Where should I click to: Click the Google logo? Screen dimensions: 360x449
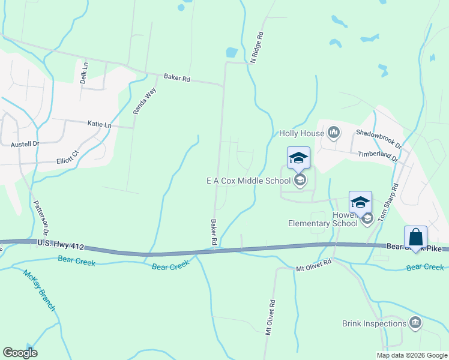[20, 353]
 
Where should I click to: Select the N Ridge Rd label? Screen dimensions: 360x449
[258, 47]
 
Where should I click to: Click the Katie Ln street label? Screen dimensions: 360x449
[100, 125]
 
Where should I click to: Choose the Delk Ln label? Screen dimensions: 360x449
[85, 72]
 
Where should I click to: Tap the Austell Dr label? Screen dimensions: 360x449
[25, 144]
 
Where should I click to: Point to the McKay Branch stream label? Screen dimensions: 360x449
[40, 290]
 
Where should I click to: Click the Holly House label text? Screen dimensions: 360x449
[301, 133]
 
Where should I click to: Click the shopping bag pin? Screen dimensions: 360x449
[415, 238]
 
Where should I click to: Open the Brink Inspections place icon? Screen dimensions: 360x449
[415, 323]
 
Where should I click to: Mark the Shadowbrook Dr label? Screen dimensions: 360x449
[379, 137]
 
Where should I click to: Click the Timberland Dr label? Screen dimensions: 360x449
[379, 157]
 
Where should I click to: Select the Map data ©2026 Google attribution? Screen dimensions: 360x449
[411, 355]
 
